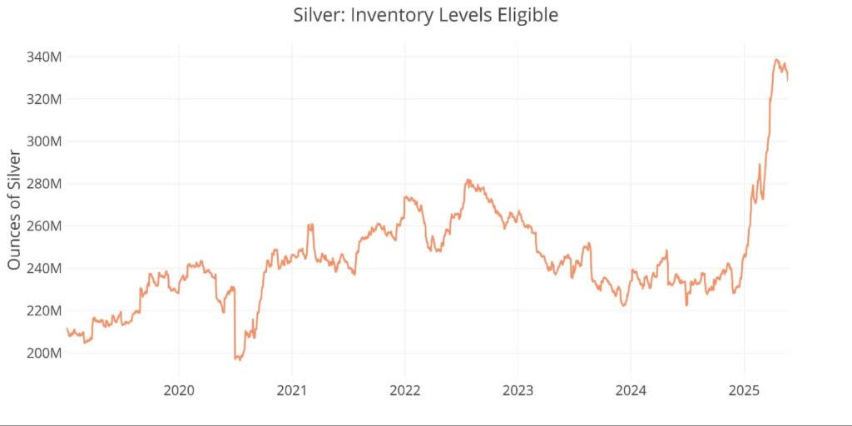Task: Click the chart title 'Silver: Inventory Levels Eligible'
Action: (425, 15)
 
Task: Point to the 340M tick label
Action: (42, 57)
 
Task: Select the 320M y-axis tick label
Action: (42, 99)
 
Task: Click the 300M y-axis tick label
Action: (42, 141)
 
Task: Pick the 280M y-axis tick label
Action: (42, 184)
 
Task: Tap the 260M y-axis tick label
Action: (42, 226)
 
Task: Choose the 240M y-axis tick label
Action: (42, 269)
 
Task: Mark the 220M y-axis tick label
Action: (42, 310)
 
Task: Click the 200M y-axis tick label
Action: (42, 353)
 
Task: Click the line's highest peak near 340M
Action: (776, 60)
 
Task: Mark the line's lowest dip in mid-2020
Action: (238, 359)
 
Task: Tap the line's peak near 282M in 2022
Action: (468, 180)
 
